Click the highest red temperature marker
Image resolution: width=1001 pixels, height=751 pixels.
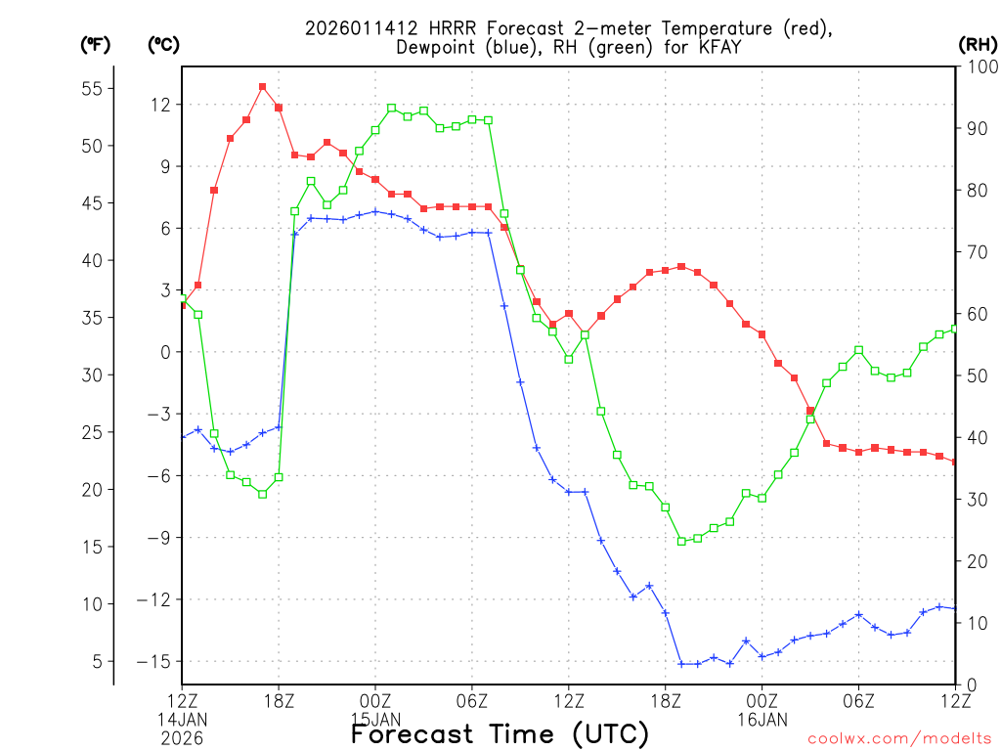[262, 86]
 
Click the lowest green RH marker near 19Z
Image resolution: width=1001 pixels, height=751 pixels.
[681, 541]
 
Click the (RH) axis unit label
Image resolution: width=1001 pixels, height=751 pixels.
[977, 44]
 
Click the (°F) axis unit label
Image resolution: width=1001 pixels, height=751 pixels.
[95, 44]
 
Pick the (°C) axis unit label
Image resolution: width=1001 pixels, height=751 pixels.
[163, 44]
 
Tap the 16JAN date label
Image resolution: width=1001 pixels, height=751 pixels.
[762, 719]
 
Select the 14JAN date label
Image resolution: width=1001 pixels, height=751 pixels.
[183, 719]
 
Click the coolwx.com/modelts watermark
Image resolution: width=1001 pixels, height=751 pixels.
[899, 738]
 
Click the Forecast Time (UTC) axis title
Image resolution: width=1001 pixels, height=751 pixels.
[500, 733]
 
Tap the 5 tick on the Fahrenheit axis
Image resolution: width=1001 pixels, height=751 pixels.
[97, 661]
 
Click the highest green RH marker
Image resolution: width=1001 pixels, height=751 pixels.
[391, 108]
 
